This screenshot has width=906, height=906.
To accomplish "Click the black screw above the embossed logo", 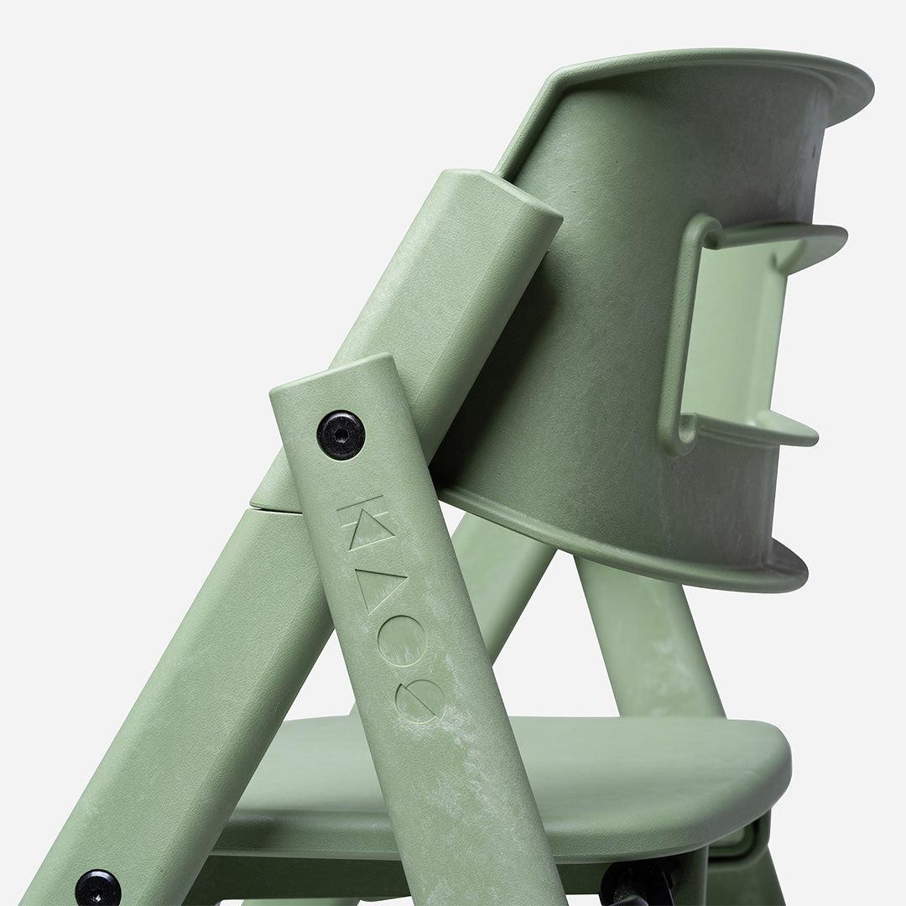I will pyautogui.click(x=341, y=434).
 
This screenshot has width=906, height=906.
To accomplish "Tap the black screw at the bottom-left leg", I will pyautogui.click(x=97, y=888).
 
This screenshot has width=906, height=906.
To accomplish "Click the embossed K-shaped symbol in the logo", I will pyautogui.click(x=362, y=516).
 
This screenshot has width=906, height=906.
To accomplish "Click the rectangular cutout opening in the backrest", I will pyautogui.click(x=738, y=336).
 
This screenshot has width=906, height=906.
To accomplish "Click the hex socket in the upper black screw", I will pyautogui.click(x=341, y=434).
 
